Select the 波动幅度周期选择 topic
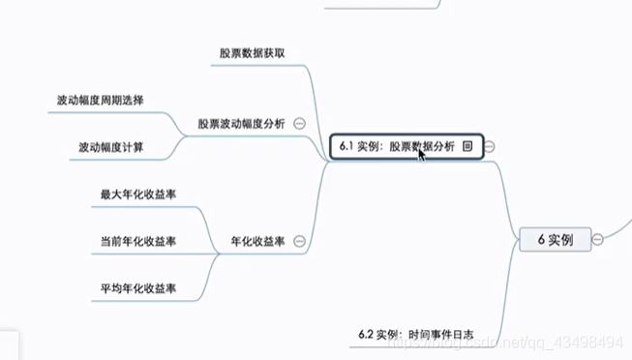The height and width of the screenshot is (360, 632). tap(101, 100)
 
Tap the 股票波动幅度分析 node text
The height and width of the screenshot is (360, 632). tap(241, 123)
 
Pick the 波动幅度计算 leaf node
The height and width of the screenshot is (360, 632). tap(113, 147)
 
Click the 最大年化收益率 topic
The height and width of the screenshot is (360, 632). tap(138, 194)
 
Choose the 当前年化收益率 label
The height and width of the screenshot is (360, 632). tap(138, 241)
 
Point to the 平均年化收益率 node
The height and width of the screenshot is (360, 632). tap(138, 287)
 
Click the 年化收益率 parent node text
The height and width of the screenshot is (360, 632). tap(256, 241)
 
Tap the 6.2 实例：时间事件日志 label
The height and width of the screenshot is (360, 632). tap(415, 334)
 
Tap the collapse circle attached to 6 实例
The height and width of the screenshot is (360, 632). tap(598, 239)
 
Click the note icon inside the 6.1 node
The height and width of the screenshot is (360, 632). tap(467, 146)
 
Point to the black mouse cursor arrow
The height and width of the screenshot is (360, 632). tap(422, 153)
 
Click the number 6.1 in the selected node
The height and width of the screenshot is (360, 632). tap(347, 146)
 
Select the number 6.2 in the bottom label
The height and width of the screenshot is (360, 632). tap(366, 334)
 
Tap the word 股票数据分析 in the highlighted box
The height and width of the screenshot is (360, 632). tap(422, 146)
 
